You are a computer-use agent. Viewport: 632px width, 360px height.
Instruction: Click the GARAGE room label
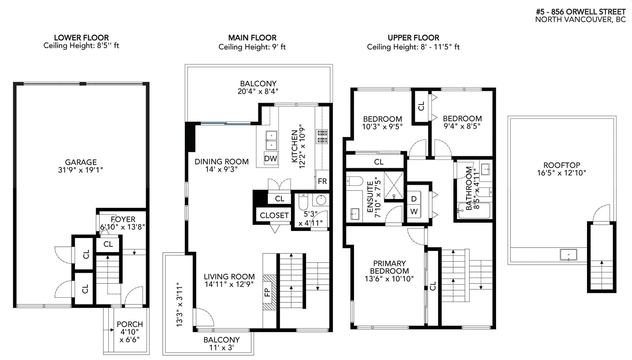pos(81,162)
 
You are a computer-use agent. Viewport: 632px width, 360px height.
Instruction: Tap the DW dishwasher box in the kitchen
pos(271,158)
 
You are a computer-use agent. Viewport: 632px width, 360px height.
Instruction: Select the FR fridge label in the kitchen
pos(322,181)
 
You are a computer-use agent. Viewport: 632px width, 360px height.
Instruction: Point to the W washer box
pos(414,212)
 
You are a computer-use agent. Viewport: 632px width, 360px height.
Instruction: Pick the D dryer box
pos(414,199)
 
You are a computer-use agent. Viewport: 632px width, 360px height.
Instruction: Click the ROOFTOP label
pos(562,165)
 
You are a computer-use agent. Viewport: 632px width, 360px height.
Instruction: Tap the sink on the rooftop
pos(568,255)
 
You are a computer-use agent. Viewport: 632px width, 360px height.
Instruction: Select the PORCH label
pos(130,324)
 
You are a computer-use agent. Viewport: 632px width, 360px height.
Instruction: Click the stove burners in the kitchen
pos(322,137)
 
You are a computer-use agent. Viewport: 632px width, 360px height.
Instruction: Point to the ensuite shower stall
pos(394,185)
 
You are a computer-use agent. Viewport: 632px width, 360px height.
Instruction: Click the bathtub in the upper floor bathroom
pos(474,210)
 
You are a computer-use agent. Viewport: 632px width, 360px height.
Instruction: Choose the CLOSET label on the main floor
pos(274,216)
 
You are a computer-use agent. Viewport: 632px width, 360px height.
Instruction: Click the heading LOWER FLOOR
pos(81,37)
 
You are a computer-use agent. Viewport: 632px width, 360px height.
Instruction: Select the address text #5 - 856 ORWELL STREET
pos(581,11)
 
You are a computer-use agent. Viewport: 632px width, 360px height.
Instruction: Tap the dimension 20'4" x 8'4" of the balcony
pos(258,91)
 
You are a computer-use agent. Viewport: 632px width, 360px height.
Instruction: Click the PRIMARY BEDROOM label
pos(389,267)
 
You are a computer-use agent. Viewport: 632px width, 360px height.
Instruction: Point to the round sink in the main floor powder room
pos(321,200)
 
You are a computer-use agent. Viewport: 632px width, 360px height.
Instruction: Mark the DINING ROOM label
pos(222,161)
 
